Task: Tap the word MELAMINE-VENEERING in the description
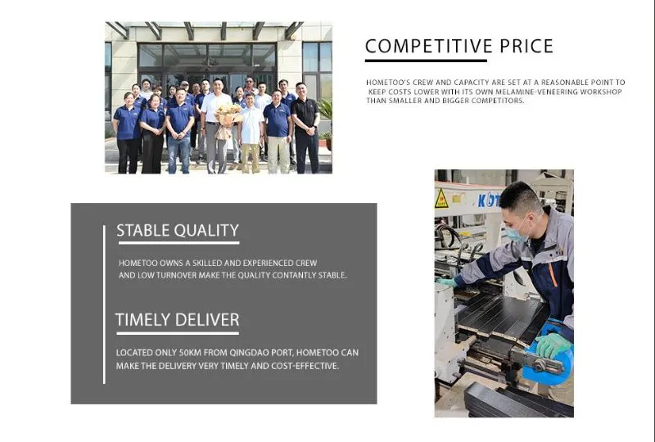tap(535, 92)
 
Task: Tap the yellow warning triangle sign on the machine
tap(441, 198)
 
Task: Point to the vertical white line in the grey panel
tap(104, 304)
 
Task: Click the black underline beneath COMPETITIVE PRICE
tap(426, 60)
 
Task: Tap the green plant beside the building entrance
tap(326, 115)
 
